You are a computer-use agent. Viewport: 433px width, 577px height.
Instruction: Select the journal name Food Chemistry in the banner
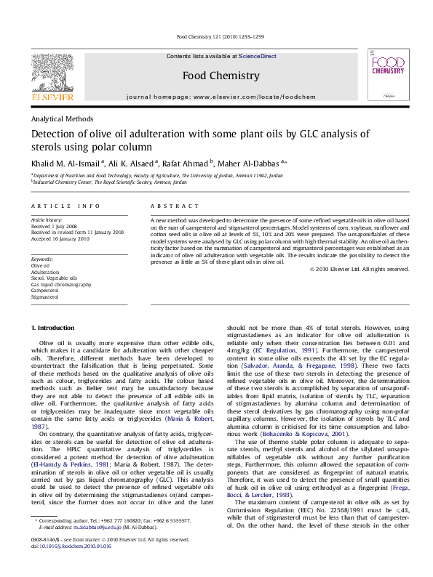point(220,76)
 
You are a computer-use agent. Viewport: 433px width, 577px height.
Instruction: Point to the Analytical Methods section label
point(62,118)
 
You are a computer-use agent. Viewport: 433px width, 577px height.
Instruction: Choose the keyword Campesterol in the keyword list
point(47,291)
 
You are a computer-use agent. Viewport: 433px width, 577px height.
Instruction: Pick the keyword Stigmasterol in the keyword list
point(45,297)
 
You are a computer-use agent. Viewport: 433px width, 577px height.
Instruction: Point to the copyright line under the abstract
point(359,289)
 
